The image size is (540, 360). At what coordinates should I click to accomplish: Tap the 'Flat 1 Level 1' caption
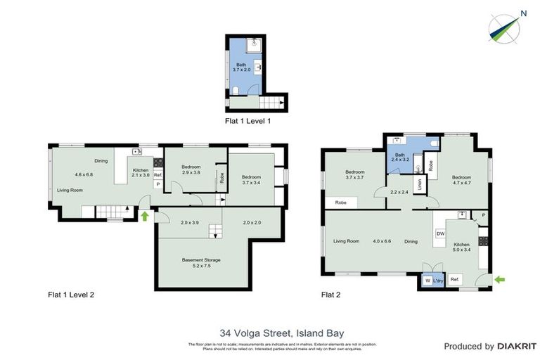(x=247, y=120)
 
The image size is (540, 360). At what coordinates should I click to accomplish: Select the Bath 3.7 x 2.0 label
(x=242, y=67)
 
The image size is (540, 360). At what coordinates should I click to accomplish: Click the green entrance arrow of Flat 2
(x=500, y=280)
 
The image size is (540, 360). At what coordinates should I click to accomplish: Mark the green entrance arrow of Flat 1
(x=146, y=216)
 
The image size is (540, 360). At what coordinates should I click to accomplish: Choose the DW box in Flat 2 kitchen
(x=440, y=233)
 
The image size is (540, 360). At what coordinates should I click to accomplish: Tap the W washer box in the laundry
(x=427, y=281)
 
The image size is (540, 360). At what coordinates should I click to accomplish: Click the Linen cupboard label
(x=419, y=184)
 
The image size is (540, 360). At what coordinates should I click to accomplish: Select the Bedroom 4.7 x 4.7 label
(x=461, y=180)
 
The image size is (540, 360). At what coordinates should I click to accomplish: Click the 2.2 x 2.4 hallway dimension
(x=399, y=192)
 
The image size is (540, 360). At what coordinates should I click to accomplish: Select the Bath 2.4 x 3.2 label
(x=400, y=157)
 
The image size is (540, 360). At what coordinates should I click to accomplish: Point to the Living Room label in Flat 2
(x=346, y=241)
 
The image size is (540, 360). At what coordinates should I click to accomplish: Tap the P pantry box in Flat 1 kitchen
(x=157, y=185)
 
